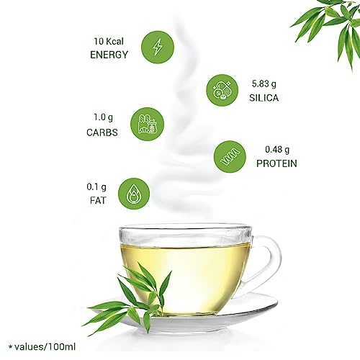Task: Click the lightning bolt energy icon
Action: (158, 48)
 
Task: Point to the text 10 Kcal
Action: (110, 40)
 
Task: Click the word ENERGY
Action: (109, 54)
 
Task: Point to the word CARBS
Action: (102, 132)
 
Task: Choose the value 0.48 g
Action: (277, 149)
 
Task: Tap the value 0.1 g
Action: (94, 186)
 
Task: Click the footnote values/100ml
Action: (48, 347)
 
